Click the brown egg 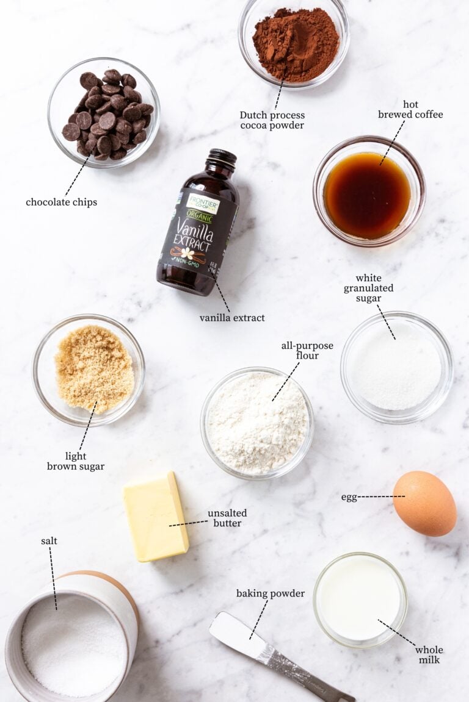click(424, 504)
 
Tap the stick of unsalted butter click(156, 516)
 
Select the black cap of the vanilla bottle click(221, 159)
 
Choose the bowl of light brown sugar click(89, 370)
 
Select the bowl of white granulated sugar click(396, 367)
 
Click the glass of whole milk click(360, 600)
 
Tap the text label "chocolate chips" click(61, 202)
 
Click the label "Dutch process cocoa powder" click(272, 120)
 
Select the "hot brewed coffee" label click(410, 109)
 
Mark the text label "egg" click(349, 497)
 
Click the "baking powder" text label click(271, 593)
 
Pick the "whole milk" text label click(429, 654)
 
